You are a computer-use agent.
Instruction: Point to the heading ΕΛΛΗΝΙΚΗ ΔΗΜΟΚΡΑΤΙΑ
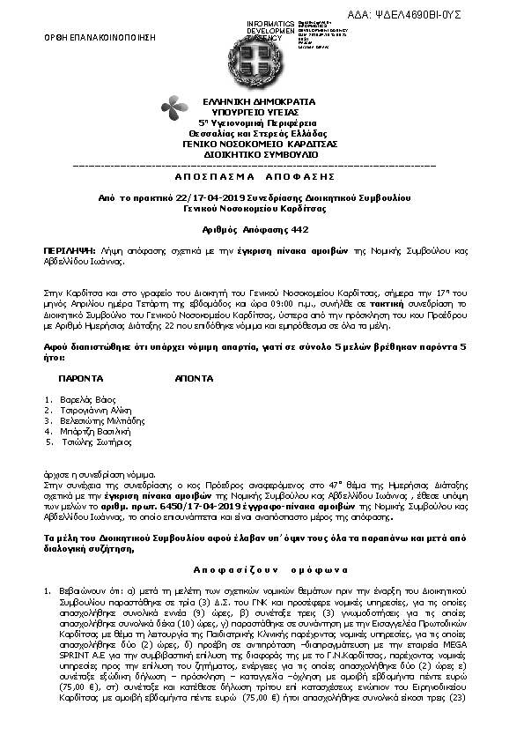262,103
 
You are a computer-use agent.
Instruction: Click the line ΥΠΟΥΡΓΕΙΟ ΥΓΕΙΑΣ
262,113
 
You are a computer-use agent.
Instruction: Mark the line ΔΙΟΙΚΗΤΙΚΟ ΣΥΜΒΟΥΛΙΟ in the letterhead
262,152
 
